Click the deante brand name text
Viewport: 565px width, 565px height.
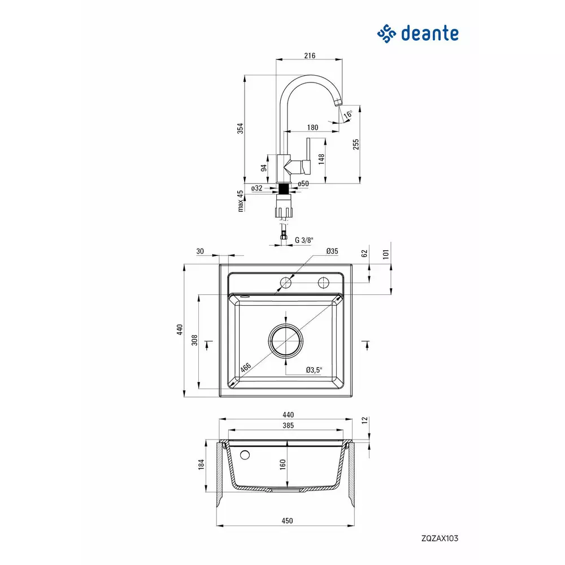(429, 33)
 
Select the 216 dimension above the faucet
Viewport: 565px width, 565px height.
(310, 55)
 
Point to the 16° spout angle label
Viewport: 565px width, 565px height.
(347, 115)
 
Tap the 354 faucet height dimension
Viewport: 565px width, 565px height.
(240, 128)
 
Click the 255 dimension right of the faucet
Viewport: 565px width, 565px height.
(356, 145)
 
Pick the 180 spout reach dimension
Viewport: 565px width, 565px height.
(312, 128)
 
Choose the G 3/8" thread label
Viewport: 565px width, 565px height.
(304, 240)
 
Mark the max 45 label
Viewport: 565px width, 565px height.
(240, 201)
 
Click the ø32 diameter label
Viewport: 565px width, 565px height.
(257, 188)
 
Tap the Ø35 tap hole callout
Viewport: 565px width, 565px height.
(332, 251)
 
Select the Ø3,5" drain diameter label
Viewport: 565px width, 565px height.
(314, 370)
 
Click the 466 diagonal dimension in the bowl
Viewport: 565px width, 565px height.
(245, 368)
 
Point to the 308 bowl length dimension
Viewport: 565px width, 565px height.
(194, 340)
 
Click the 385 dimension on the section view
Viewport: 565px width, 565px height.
(288, 425)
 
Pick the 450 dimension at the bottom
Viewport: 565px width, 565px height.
(287, 521)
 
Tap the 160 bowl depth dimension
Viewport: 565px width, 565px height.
(282, 464)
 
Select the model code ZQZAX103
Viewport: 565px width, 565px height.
(440, 538)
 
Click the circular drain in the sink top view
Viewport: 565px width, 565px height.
(286, 341)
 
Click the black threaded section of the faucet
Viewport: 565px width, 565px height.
(285, 189)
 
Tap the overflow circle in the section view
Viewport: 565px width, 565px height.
(245, 455)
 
